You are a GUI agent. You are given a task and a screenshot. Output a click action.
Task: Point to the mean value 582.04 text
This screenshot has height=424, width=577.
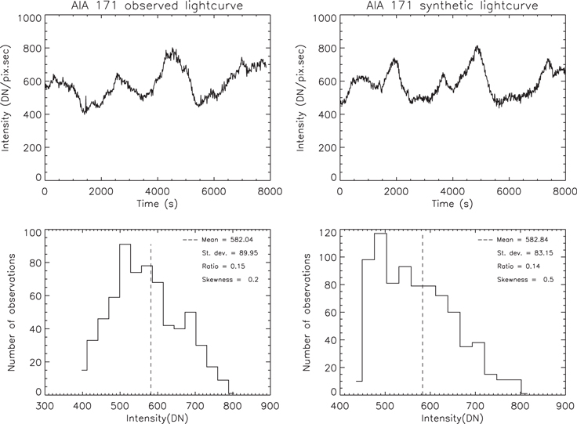[x=227, y=240]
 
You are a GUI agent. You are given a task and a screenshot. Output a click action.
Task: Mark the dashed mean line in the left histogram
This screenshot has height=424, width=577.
[x=151, y=329]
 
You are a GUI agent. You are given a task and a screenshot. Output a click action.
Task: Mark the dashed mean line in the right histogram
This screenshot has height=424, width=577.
[x=423, y=329]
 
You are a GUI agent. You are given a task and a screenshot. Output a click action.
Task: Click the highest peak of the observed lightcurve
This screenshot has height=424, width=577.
[x=169, y=49]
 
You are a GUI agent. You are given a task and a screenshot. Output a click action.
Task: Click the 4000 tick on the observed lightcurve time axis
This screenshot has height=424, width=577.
[x=158, y=192]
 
